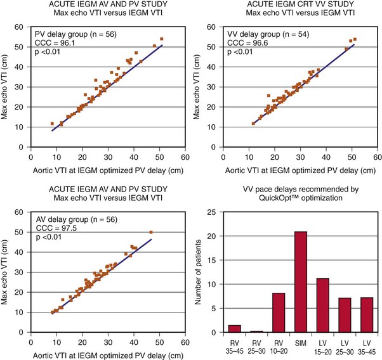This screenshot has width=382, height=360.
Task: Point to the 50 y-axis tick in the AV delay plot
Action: (x=23, y=233)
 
